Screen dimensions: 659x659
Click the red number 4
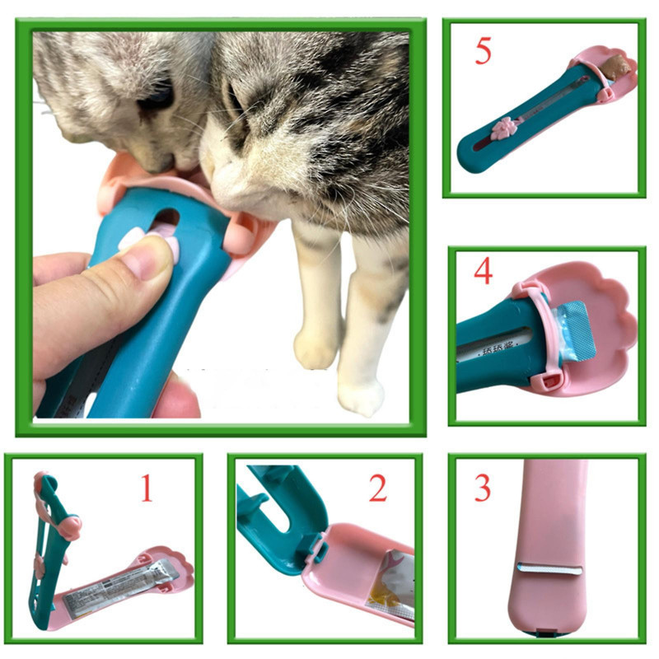(x=484, y=271)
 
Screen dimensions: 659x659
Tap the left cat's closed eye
(x=157, y=99)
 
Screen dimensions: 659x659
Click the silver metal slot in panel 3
(x=550, y=568)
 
